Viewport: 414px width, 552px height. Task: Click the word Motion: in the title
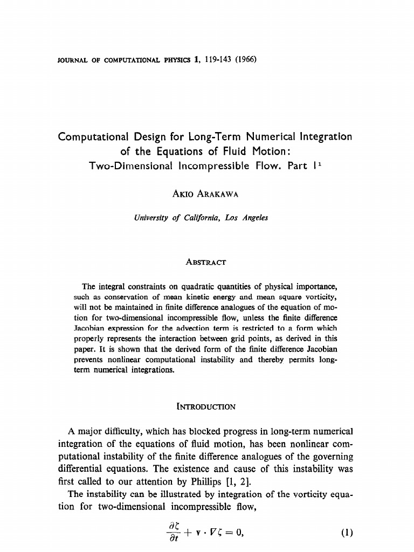point(267,151)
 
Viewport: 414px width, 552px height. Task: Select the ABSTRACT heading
point(206,263)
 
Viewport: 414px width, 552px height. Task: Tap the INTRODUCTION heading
point(206,406)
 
